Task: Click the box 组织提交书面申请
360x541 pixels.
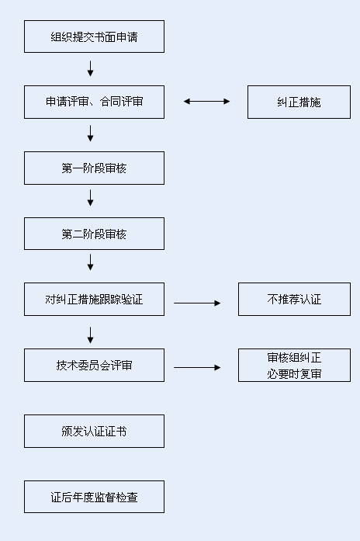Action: [x=94, y=36]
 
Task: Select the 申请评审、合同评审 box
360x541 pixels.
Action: [x=94, y=102]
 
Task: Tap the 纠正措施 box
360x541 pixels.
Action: [x=299, y=102]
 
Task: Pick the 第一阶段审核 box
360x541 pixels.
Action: [x=94, y=168]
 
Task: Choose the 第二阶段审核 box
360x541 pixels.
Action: [x=94, y=234]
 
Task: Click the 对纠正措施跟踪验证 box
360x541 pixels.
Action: [x=94, y=299]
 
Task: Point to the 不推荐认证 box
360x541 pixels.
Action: [x=294, y=299]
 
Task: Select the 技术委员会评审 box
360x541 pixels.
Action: [x=94, y=365]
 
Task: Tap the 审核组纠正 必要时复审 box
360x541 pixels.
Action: [x=294, y=365]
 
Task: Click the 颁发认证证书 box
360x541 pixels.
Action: [x=94, y=431]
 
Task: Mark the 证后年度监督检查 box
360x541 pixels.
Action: [x=94, y=497]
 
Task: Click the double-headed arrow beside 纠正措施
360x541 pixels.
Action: [x=206, y=101]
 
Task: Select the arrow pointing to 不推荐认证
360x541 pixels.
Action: [x=197, y=303]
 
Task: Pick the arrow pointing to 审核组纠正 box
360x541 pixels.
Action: [x=197, y=367]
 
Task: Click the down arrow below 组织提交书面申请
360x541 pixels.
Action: [x=91, y=68]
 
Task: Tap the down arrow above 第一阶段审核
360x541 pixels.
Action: [x=91, y=134]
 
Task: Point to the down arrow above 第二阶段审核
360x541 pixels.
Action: [x=91, y=199]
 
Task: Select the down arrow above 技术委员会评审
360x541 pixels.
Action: [x=91, y=335]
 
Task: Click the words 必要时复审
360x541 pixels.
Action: [x=294, y=373]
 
